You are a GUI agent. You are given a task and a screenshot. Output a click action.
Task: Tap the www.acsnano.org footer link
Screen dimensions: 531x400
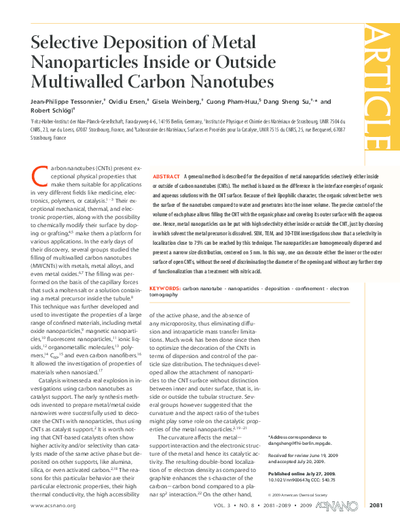[52, 506]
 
